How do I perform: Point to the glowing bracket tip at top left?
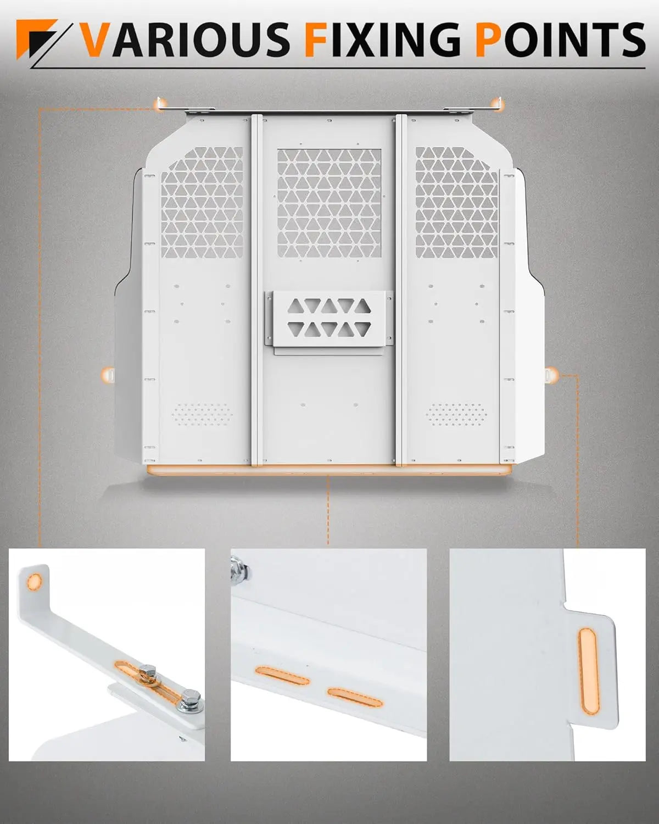tap(160, 104)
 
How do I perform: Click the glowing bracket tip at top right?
tap(498, 103)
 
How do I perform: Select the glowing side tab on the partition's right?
tap(551, 375)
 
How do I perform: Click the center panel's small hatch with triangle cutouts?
tap(328, 319)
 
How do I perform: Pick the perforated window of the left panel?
tap(202, 202)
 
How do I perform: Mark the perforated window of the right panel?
tap(457, 202)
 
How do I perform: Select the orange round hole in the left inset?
tap(34, 580)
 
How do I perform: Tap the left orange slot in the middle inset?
tap(282, 677)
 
